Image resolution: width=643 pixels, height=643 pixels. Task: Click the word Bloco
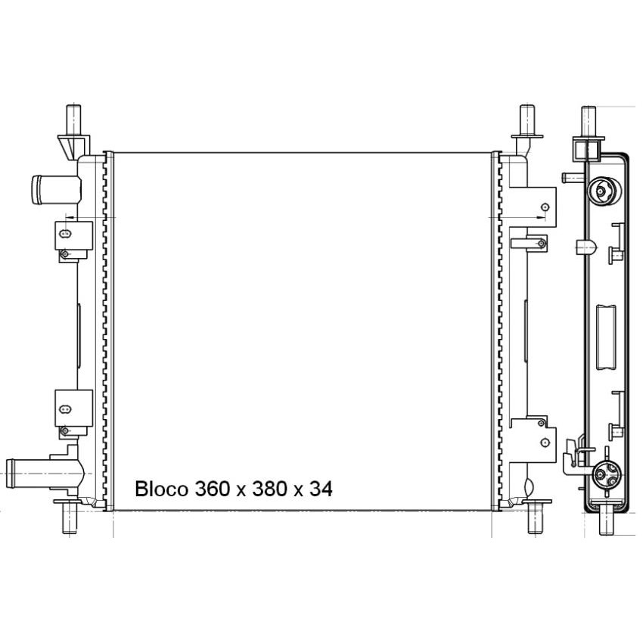161,489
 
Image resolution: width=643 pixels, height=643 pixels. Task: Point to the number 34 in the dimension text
321,489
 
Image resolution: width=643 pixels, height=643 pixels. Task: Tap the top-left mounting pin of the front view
73,120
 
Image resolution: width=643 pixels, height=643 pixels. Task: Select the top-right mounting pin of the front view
527,120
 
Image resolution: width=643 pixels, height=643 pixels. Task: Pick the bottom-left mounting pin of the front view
70,517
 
